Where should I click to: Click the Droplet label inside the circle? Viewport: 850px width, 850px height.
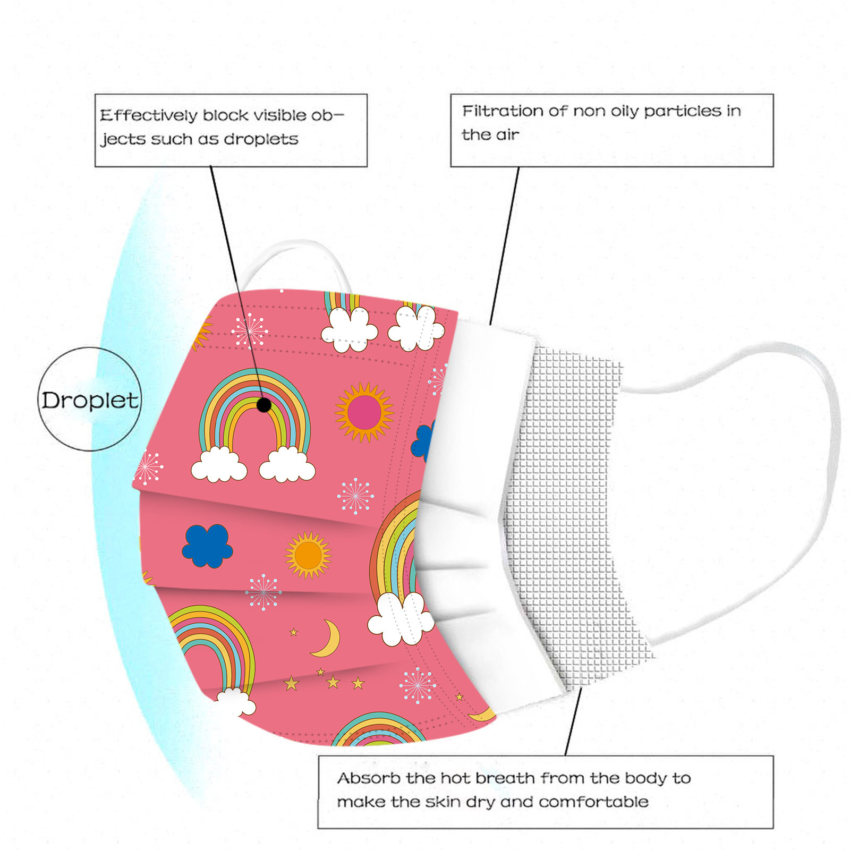click(90, 400)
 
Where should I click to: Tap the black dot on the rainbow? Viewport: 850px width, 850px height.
click(264, 405)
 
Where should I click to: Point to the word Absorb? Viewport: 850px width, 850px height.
click(369, 778)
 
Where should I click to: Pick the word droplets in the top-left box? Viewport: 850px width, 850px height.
click(261, 139)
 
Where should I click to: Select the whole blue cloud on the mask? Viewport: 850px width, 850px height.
click(207, 546)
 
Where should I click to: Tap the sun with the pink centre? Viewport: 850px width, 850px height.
click(364, 412)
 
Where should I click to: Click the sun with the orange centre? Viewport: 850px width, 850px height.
click(308, 555)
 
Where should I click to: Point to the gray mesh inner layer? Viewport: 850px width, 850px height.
click(568, 505)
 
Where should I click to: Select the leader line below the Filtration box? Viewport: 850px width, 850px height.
click(505, 244)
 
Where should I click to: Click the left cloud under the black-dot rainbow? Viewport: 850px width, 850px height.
click(219, 465)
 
